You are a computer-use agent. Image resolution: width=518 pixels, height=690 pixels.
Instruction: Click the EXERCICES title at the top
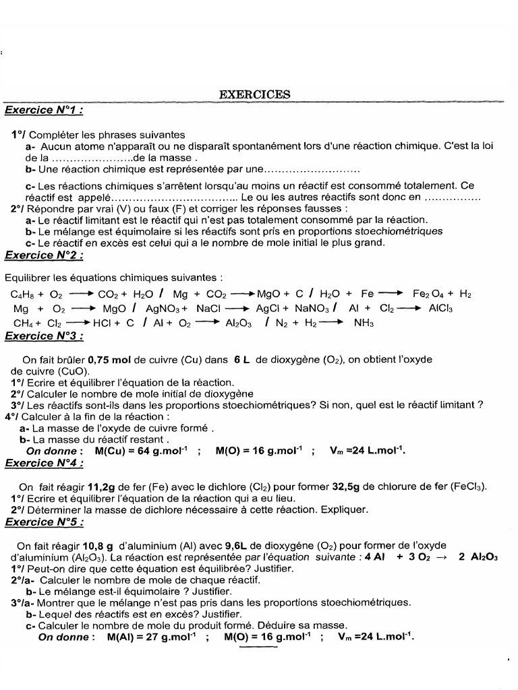pyautogui.click(x=255, y=94)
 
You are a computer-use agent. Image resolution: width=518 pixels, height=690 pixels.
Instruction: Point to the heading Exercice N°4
pyautogui.click(x=45, y=463)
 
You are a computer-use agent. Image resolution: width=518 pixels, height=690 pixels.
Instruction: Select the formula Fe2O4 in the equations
pyautogui.click(x=427, y=294)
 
